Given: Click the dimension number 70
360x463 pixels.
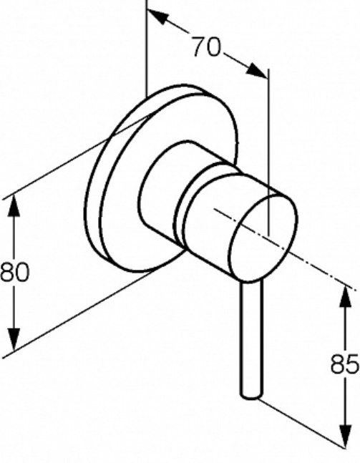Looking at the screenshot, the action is coord(206,47).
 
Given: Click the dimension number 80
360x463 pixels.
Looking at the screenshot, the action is coord(15,272).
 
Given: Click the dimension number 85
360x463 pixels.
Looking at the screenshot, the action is coord(345,364).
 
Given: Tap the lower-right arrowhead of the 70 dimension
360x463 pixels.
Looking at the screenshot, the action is coord(257,71).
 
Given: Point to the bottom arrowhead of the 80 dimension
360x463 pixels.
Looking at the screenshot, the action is coord(14,340).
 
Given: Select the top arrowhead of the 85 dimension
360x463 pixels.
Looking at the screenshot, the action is coord(345,296).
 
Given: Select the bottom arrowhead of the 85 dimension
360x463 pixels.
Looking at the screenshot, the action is coord(345,437).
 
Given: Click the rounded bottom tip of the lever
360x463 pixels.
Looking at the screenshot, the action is coord(251,396).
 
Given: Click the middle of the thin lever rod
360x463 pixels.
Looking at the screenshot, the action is coord(251,340).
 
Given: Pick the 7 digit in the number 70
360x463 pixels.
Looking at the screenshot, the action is coord(199,47).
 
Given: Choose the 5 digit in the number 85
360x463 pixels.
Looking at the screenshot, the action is coord(353,364).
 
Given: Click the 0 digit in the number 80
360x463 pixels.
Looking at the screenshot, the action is coord(22,272).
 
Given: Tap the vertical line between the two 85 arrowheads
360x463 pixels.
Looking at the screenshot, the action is coord(345,366).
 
